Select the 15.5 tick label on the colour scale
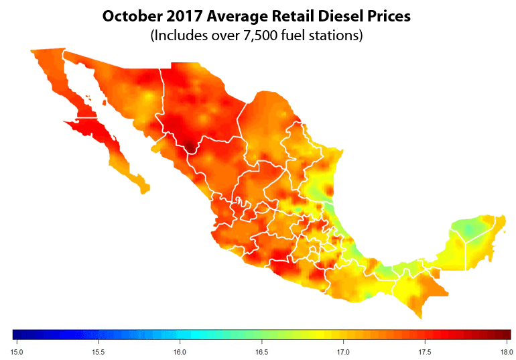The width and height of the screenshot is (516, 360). tap(99, 351)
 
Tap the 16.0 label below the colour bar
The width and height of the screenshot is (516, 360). tap(180, 351)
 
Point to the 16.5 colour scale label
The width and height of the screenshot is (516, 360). tap(261, 351)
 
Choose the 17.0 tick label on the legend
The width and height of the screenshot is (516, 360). tap(342, 351)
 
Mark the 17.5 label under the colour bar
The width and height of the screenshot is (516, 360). tap(424, 351)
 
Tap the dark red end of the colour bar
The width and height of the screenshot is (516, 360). tap(505, 335)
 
